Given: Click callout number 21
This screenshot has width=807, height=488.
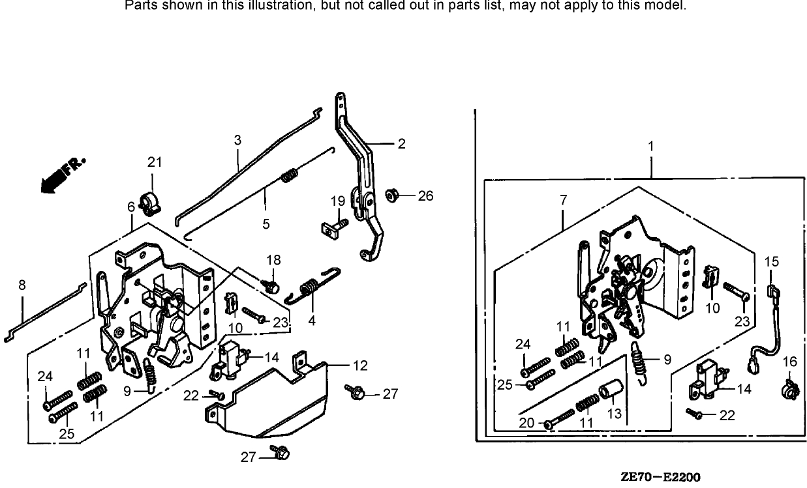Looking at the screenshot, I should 153,162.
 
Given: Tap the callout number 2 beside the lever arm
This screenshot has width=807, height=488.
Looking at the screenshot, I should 401,144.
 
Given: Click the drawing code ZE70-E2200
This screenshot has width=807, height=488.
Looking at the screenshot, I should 660,478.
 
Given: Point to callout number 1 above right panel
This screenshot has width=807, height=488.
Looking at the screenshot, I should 650,147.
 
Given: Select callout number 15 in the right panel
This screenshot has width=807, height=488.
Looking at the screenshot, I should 771,262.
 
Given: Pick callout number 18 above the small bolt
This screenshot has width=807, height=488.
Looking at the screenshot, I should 273,260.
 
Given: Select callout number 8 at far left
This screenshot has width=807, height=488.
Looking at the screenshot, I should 22,285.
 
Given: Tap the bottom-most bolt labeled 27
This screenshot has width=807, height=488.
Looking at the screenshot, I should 282,452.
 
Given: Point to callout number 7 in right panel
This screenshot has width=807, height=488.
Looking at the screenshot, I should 563,201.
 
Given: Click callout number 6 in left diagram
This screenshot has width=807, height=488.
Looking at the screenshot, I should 131,207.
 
